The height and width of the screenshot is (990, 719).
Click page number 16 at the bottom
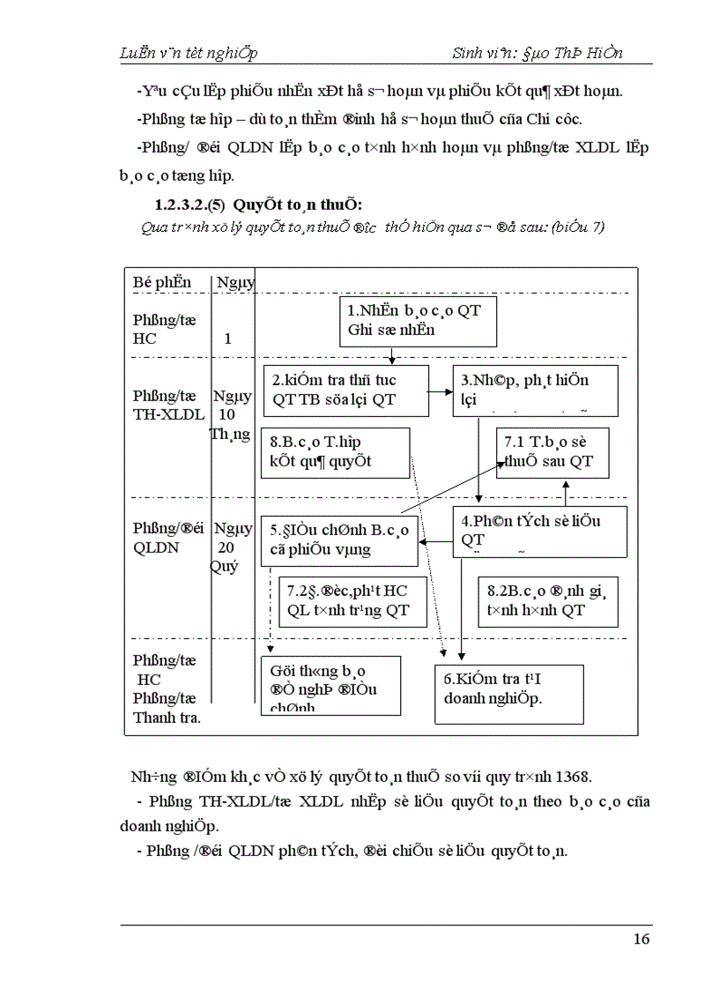point(641,939)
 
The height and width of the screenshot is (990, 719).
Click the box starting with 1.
point(419,321)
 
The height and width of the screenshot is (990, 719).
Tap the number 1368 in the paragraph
point(574,777)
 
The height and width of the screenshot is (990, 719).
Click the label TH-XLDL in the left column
point(167,414)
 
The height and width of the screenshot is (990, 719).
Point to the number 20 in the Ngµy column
point(226,547)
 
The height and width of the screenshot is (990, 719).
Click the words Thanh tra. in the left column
point(167,717)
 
